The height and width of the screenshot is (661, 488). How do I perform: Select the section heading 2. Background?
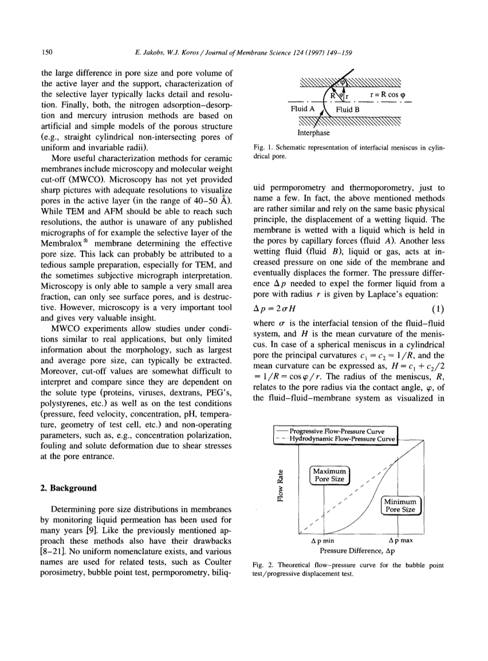[68, 489]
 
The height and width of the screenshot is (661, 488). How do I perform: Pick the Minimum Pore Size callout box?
[401, 506]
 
